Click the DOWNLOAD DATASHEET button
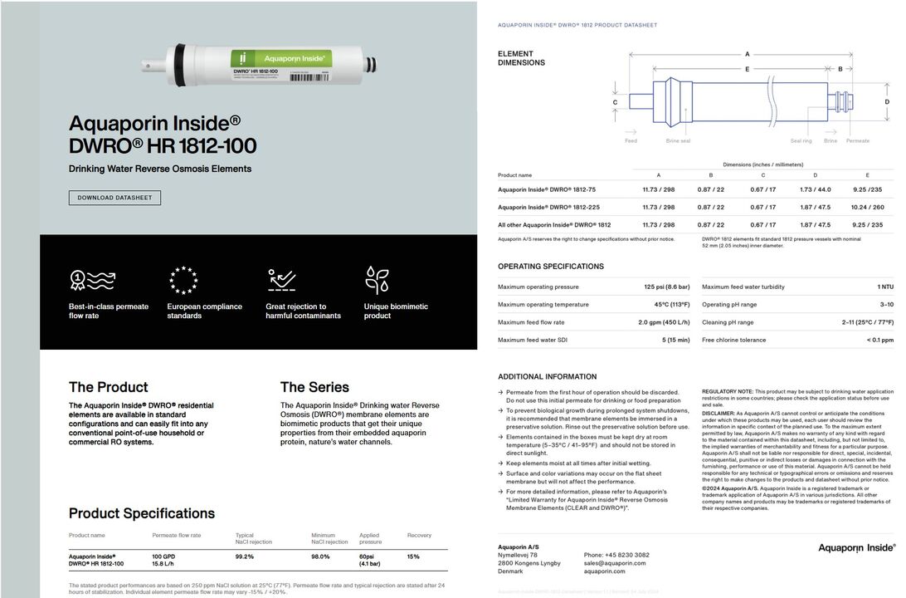click(x=114, y=198)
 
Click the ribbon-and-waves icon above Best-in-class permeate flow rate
click(x=92, y=280)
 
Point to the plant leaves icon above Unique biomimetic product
click(x=377, y=280)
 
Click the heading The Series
click(x=314, y=387)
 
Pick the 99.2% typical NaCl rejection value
click(x=244, y=556)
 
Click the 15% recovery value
click(x=413, y=556)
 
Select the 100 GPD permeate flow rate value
click(x=163, y=556)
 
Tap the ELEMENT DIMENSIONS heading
click(x=521, y=58)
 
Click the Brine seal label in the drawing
click(x=678, y=141)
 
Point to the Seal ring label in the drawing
click(x=801, y=141)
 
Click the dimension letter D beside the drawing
click(x=887, y=102)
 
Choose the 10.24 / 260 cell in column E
click(x=867, y=207)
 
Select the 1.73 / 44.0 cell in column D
click(x=815, y=189)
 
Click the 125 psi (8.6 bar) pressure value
click(x=666, y=287)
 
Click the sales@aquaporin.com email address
click(x=615, y=563)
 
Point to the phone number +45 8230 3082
click(x=616, y=555)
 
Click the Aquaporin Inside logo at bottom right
click(x=856, y=548)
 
